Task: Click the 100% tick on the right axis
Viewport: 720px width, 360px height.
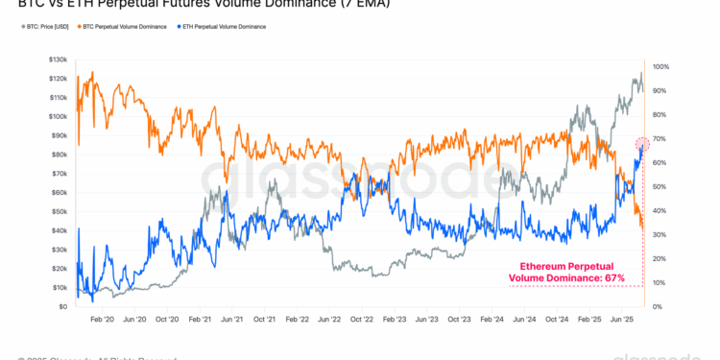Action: [x=660, y=67]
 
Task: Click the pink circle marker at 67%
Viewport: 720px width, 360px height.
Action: [x=642, y=144]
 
